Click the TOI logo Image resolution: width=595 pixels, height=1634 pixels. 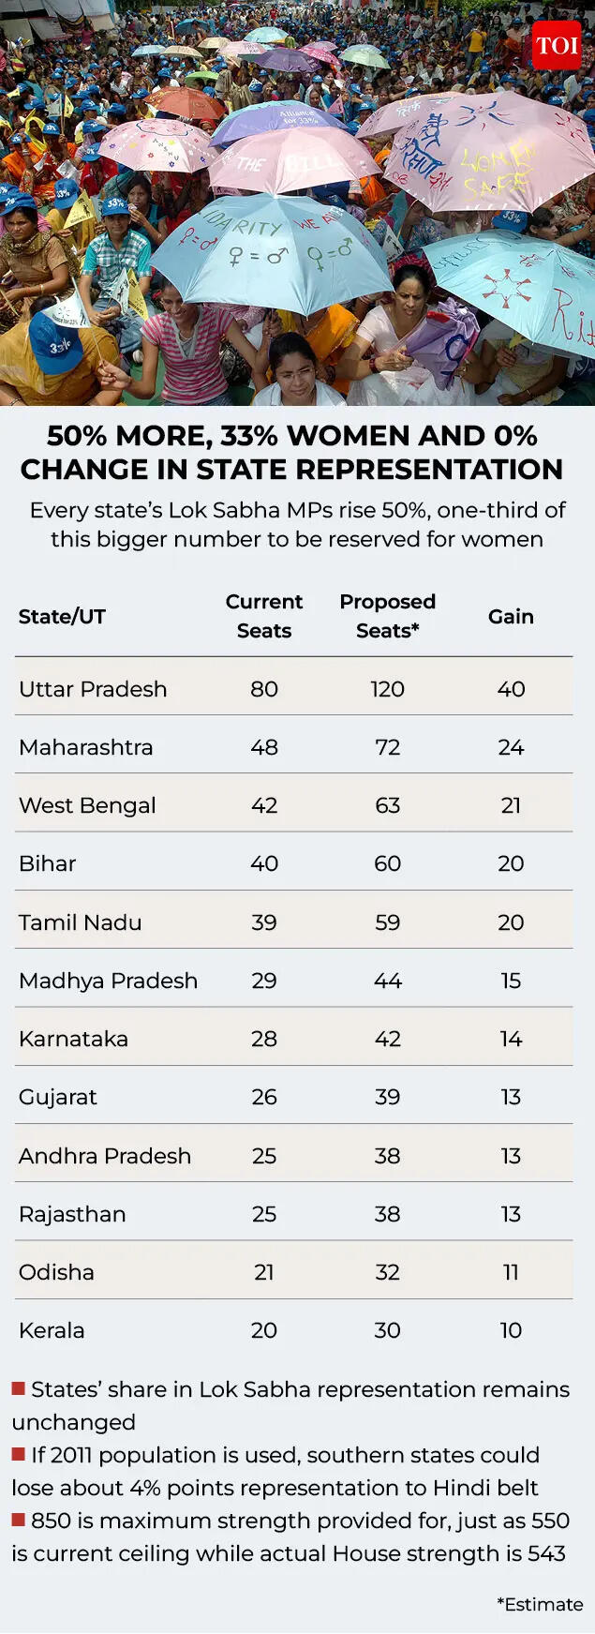[556, 45]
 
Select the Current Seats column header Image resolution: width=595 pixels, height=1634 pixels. [264, 616]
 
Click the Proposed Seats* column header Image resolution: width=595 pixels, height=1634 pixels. [387, 616]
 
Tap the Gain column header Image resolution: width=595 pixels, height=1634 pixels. [511, 617]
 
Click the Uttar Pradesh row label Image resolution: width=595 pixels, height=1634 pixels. [93, 689]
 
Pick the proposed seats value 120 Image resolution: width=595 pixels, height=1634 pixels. [387, 689]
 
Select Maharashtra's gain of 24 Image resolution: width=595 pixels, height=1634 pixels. [511, 747]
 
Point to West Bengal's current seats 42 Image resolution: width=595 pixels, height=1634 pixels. [264, 805]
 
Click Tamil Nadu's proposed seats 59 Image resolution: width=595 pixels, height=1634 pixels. [387, 922]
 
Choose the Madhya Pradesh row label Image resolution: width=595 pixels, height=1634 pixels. [108, 981]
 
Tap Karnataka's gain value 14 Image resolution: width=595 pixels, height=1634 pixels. [511, 1039]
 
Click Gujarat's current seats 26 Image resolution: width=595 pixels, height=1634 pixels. [264, 1097]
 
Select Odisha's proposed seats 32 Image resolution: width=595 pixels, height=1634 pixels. [387, 1272]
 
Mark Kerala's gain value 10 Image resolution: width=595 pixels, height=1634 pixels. [511, 1330]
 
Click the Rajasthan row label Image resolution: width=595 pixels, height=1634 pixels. [72, 1214]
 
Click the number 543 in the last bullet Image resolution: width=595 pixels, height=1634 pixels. [546, 1553]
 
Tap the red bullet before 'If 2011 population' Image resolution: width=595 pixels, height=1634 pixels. [18, 1454]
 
